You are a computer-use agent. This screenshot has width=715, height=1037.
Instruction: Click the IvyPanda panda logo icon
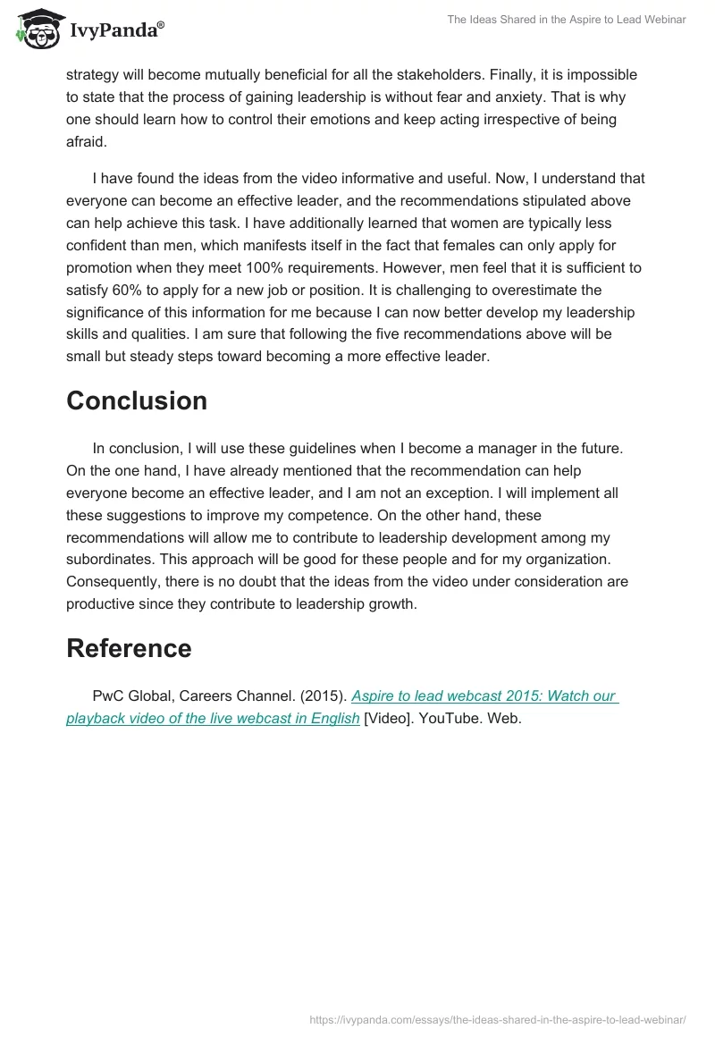point(36,29)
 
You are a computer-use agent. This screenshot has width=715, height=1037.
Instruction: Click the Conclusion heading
point(137,400)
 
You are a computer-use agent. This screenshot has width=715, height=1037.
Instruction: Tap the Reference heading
point(129,648)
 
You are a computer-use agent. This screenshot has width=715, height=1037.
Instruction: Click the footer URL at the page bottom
point(497,1018)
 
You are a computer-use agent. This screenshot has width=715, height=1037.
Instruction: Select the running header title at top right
point(567,20)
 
